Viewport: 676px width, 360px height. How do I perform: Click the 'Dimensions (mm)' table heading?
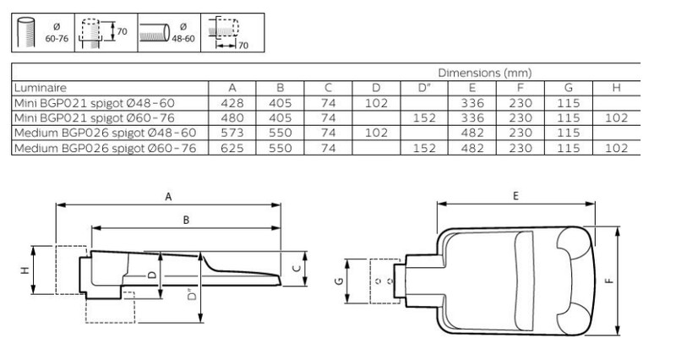tap(484, 73)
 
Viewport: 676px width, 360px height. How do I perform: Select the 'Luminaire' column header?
tap(40, 88)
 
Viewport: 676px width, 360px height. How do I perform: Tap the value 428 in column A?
tap(232, 103)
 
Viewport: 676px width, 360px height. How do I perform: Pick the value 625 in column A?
tap(232, 149)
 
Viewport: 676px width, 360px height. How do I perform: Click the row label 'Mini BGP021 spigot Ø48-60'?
tap(95, 103)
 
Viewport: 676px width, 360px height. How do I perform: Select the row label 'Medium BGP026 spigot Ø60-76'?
tap(105, 149)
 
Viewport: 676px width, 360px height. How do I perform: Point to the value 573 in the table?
tap(232, 133)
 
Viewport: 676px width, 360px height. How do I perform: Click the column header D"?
tap(424, 88)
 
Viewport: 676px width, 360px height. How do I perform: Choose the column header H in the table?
tap(616, 88)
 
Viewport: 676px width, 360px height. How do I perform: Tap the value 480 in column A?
tap(232, 117)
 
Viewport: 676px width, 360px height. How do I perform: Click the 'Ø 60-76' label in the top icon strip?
tap(57, 33)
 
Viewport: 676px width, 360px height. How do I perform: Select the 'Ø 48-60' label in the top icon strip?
tap(183, 33)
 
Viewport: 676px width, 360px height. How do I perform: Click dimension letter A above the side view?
tap(168, 197)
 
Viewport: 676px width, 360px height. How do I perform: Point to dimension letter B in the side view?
tap(186, 221)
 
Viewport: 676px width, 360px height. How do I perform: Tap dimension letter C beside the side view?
tap(297, 268)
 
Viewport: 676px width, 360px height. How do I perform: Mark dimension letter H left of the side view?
tap(25, 270)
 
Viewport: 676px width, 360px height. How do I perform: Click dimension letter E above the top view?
tap(515, 196)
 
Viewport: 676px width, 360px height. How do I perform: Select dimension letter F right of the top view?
tap(608, 281)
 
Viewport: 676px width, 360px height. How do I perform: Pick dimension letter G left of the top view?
tap(339, 281)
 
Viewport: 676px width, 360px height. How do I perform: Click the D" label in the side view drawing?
tap(193, 294)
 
